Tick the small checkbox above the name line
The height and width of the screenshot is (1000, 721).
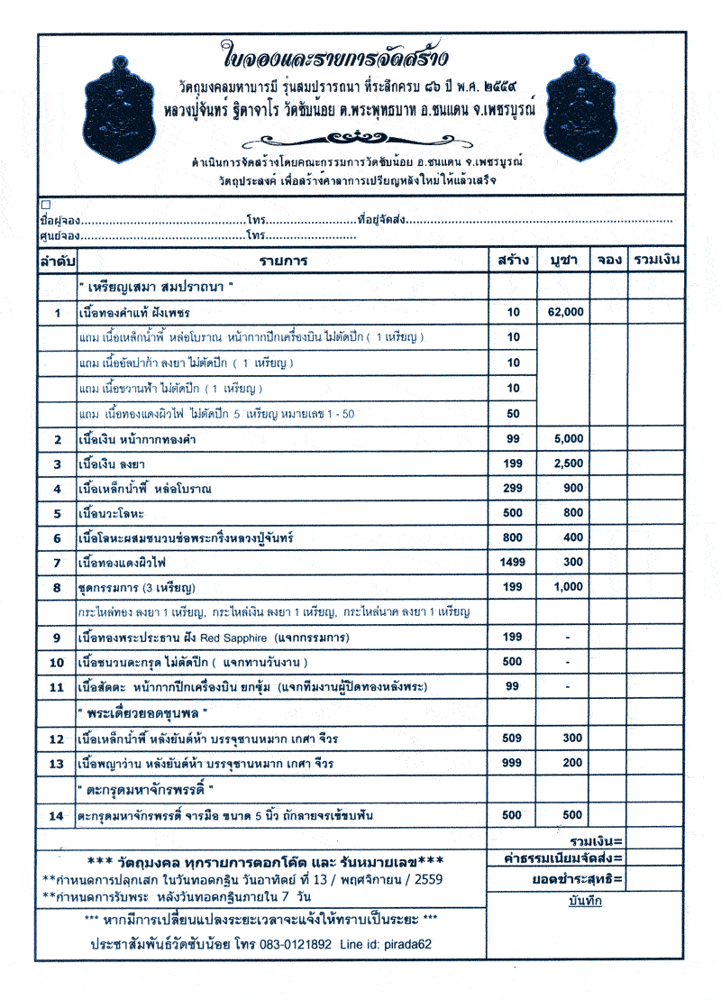click(x=45, y=205)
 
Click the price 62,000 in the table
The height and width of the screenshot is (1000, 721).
click(x=565, y=312)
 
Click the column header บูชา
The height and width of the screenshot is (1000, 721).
click(x=563, y=261)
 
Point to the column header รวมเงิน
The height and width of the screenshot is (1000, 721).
click(x=656, y=261)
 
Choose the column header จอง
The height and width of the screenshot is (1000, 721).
click(x=609, y=261)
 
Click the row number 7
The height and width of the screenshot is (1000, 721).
click(x=57, y=563)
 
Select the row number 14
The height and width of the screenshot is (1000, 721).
click(x=57, y=815)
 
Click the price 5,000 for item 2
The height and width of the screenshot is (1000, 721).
click(x=565, y=439)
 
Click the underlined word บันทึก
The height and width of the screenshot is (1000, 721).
click(x=585, y=901)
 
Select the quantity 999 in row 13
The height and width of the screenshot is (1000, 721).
click(x=512, y=763)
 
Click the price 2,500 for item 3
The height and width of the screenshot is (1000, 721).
click(x=565, y=463)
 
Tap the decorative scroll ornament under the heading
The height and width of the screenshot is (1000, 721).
click(x=359, y=137)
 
